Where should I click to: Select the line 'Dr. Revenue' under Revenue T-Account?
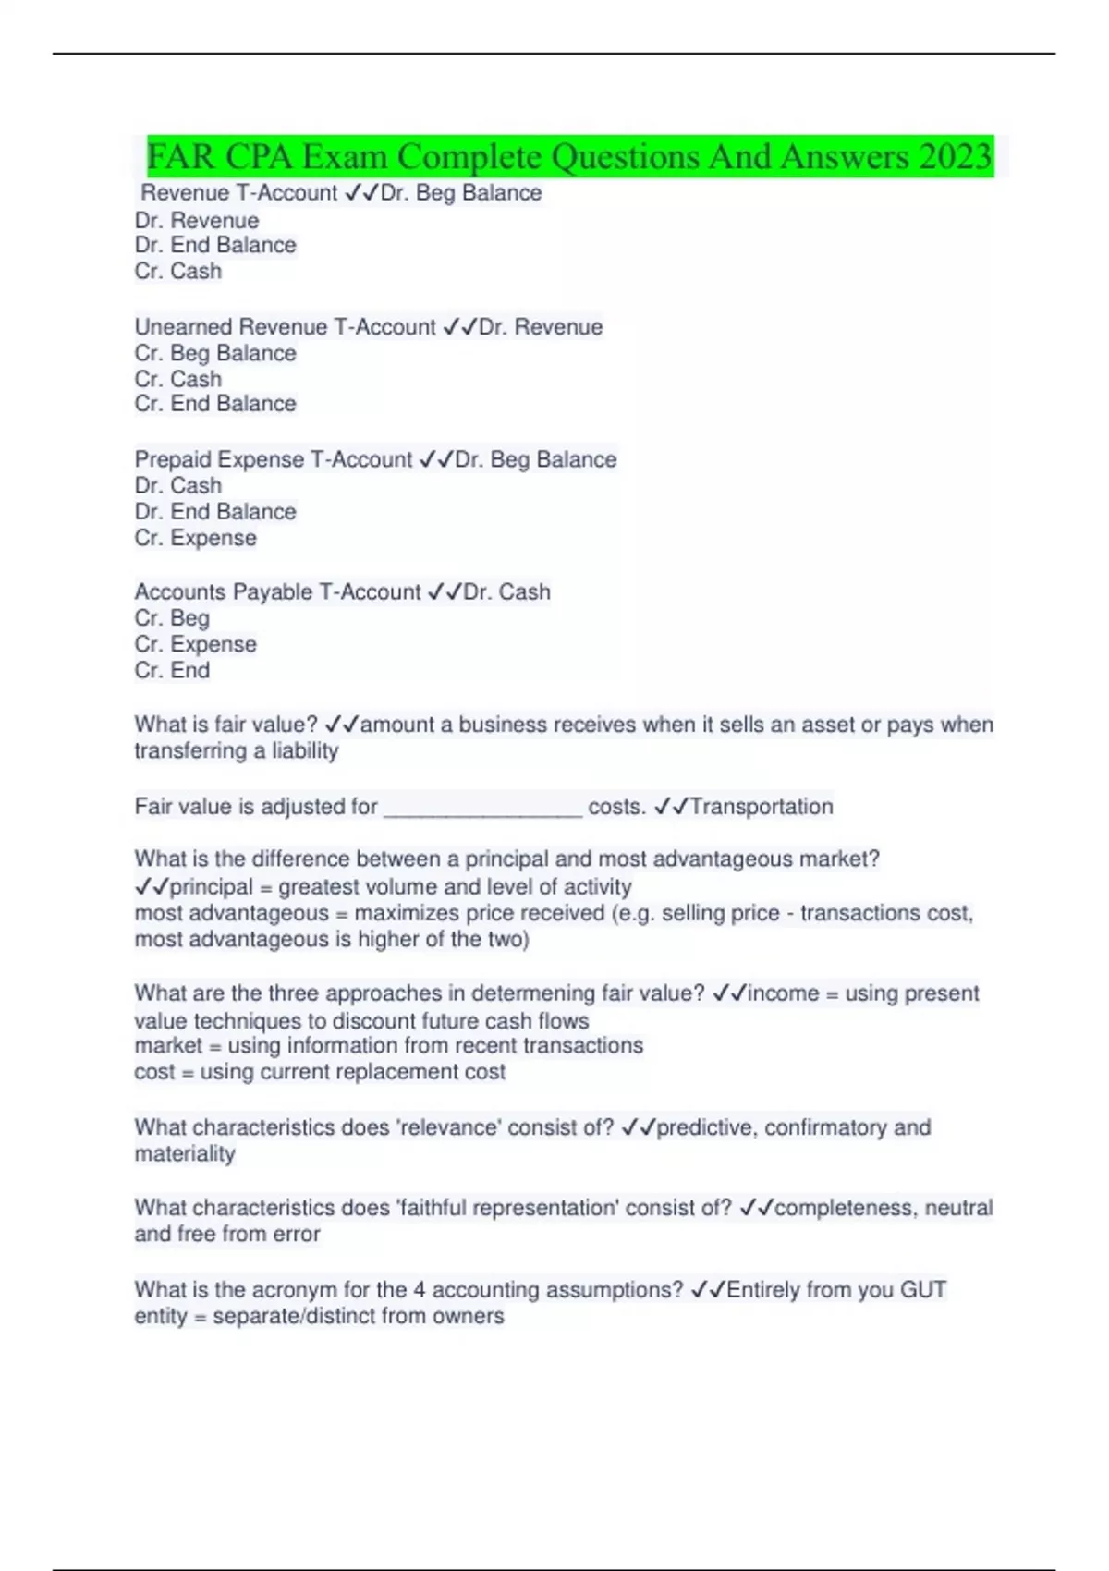pos(197,221)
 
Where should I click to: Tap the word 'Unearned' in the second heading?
pos(183,327)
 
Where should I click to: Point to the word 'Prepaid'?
pos(172,459)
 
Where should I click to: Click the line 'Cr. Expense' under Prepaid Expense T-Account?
pos(195,538)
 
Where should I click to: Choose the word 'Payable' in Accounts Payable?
pos(273,592)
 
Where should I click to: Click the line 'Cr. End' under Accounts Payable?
pos(172,670)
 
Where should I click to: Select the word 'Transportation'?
pos(762,807)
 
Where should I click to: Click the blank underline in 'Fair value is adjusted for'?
pos(482,809)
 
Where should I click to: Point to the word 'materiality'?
pos(185,1153)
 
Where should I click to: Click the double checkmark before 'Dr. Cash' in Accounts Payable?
pos(445,592)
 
